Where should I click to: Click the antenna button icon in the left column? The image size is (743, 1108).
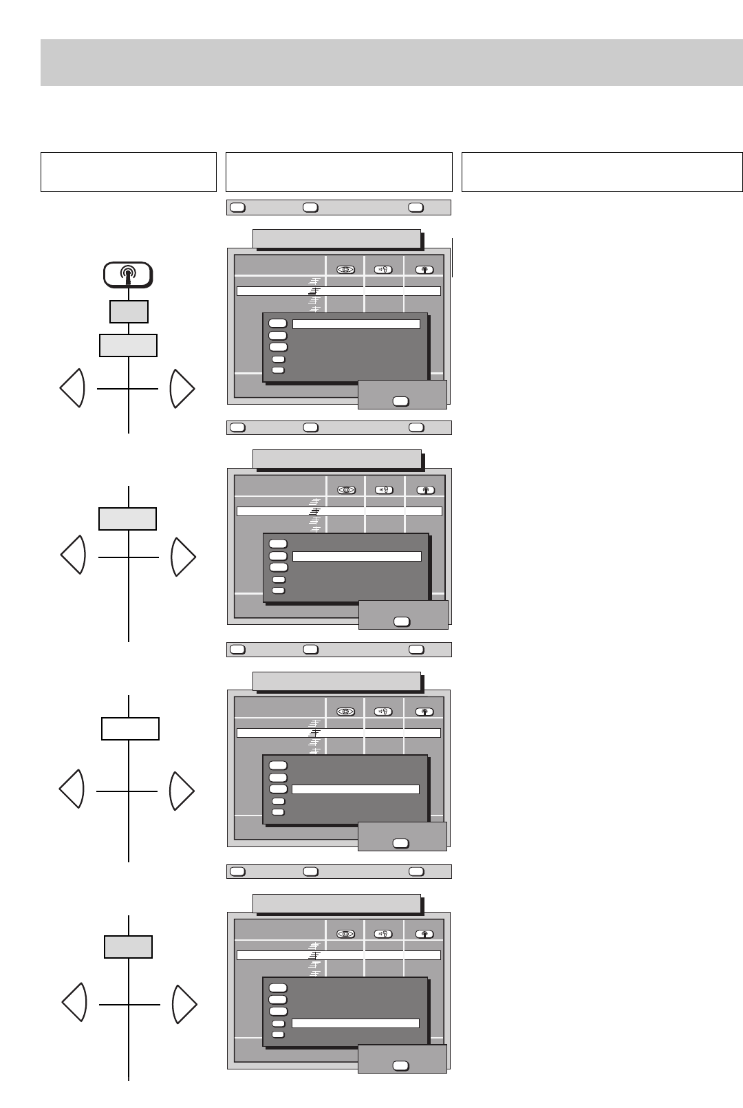pyautogui.click(x=128, y=275)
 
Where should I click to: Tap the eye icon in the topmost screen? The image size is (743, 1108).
pyautogui.click(x=345, y=269)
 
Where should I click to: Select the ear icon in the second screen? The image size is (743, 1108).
pyautogui.click(x=385, y=490)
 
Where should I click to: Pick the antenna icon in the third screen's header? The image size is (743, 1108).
pyautogui.click(x=425, y=712)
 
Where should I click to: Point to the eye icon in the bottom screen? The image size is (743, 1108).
pyautogui.click(x=345, y=934)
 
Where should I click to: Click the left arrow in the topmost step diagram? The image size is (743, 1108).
pyautogui.click(x=72, y=388)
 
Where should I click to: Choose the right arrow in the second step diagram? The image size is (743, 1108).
pyautogui.click(x=183, y=557)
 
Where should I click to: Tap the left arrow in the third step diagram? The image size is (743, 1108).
pyautogui.click(x=72, y=789)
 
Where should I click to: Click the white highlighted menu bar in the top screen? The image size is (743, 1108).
pyautogui.click(x=356, y=323)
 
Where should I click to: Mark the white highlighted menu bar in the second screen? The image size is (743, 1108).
pyautogui.click(x=356, y=556)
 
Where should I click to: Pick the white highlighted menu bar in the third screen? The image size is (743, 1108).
pyautogui.click(x=355, y=789)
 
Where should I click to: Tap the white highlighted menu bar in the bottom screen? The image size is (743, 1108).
pyautogui.click(x=355, y=1023)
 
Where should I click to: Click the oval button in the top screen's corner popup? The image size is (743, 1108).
pyautogui.click(x=400, y=401)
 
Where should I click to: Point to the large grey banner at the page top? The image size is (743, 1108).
pyautogui.click(x=391, y=63)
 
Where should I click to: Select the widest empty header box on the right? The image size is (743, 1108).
pyautogui.click(x=602, y=172)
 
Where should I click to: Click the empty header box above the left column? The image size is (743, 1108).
pyautogui.click(x=129, y=172)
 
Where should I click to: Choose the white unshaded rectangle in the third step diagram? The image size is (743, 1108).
pyautogui.click(x=130, y=728)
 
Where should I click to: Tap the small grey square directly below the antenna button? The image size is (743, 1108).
pyautogui.click(x=129, y=312)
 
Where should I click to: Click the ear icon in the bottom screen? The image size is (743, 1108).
pyautogui.click(x=383, y=934)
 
